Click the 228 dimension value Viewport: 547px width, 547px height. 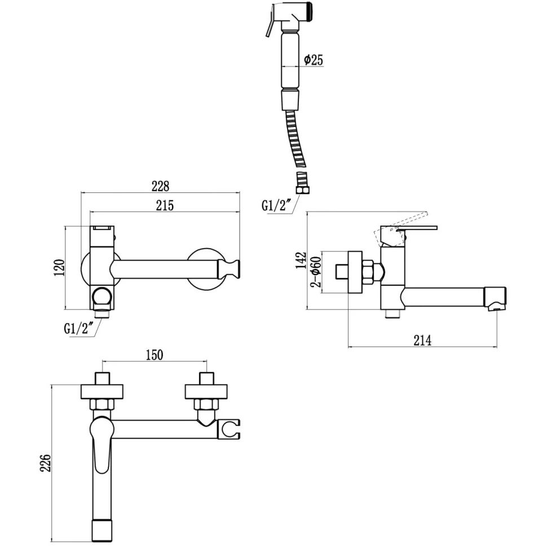(x=161, y=186)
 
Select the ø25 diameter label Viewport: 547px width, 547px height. (x=313, y=60)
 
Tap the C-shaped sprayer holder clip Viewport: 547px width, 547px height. (x=231, y=429)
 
